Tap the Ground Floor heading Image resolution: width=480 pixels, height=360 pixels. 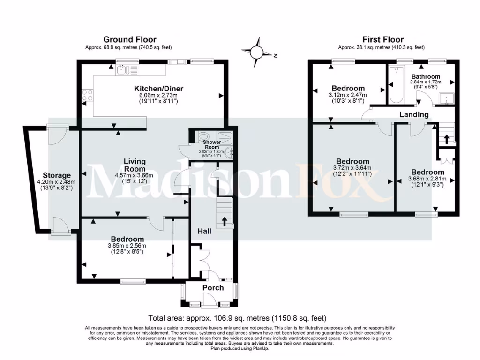pos(130,39)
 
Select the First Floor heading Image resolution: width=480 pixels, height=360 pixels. pos(383,39)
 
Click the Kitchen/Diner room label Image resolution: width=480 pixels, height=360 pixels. pos(158,89)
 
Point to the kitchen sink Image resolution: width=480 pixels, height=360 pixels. pos(123,70)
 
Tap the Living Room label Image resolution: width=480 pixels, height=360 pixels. pos(135,165)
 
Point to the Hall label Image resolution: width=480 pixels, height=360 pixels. pos(204,231)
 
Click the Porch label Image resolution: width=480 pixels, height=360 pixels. pos(213,287)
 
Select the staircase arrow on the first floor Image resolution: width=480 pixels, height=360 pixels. pos(446,138)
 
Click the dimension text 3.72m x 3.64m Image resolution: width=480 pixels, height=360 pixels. pos(352,168)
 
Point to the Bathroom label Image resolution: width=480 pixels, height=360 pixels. pos(426,76)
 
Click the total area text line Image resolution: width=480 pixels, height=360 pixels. pos(237,318)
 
